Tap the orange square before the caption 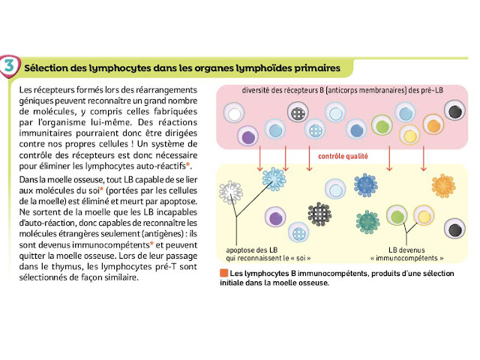[x=224, y=272]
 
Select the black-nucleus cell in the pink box [x=454, y=112]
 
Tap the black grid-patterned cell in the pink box [x=299, y=114]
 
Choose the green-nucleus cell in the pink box [x=385, y=125]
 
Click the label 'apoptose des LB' [x=255, y=250]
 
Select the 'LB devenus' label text [x=407, y=250]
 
